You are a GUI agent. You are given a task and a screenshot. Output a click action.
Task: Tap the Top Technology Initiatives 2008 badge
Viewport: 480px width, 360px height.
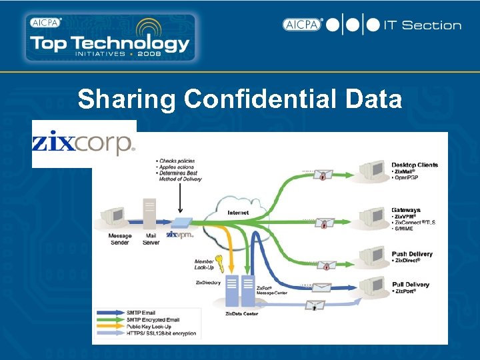111,37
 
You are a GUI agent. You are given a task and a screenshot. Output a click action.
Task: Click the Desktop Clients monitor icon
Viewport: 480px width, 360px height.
373,173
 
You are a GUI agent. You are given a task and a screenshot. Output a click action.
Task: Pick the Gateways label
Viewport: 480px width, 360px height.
405,210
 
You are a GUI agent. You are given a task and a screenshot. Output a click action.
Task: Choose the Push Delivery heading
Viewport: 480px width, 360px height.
411,254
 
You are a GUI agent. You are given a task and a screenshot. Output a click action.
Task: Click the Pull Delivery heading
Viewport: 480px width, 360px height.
410,285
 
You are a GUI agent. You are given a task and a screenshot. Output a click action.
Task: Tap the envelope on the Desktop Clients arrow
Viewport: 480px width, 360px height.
323,176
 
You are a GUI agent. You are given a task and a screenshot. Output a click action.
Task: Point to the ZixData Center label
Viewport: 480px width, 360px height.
241,313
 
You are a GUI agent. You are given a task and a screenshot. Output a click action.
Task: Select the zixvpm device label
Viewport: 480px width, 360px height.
179,235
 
